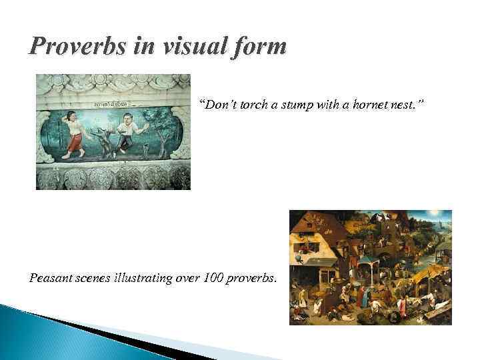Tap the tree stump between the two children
pos(103,143)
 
